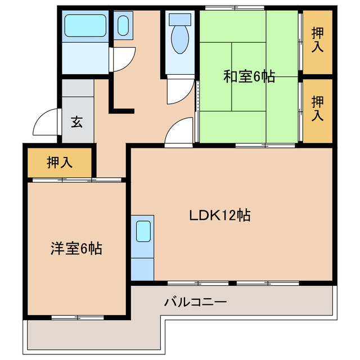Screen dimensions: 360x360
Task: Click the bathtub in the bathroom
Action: point(85,25)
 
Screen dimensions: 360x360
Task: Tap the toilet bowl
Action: point(180,39)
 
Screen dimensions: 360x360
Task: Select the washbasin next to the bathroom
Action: point(123,25)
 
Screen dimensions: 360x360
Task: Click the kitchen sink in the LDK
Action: point(143,231)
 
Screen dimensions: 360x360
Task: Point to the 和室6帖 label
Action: point(249,76)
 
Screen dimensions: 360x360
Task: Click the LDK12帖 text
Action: point(220,215)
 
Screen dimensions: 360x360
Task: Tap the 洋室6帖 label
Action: point(76,249)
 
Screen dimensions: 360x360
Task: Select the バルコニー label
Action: point(195,302)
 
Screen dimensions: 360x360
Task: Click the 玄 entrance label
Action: point(77,122)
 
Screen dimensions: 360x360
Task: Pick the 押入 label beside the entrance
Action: point(60,163)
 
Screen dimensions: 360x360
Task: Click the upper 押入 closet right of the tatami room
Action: point(317,42)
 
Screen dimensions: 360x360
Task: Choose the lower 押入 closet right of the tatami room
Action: point(317,111)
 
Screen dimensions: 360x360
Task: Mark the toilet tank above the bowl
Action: point(180,19)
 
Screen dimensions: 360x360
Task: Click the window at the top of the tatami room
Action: point(235,8)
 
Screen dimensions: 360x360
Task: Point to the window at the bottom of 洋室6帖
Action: point(78,317)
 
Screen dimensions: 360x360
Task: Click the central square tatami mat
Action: point(249,76)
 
